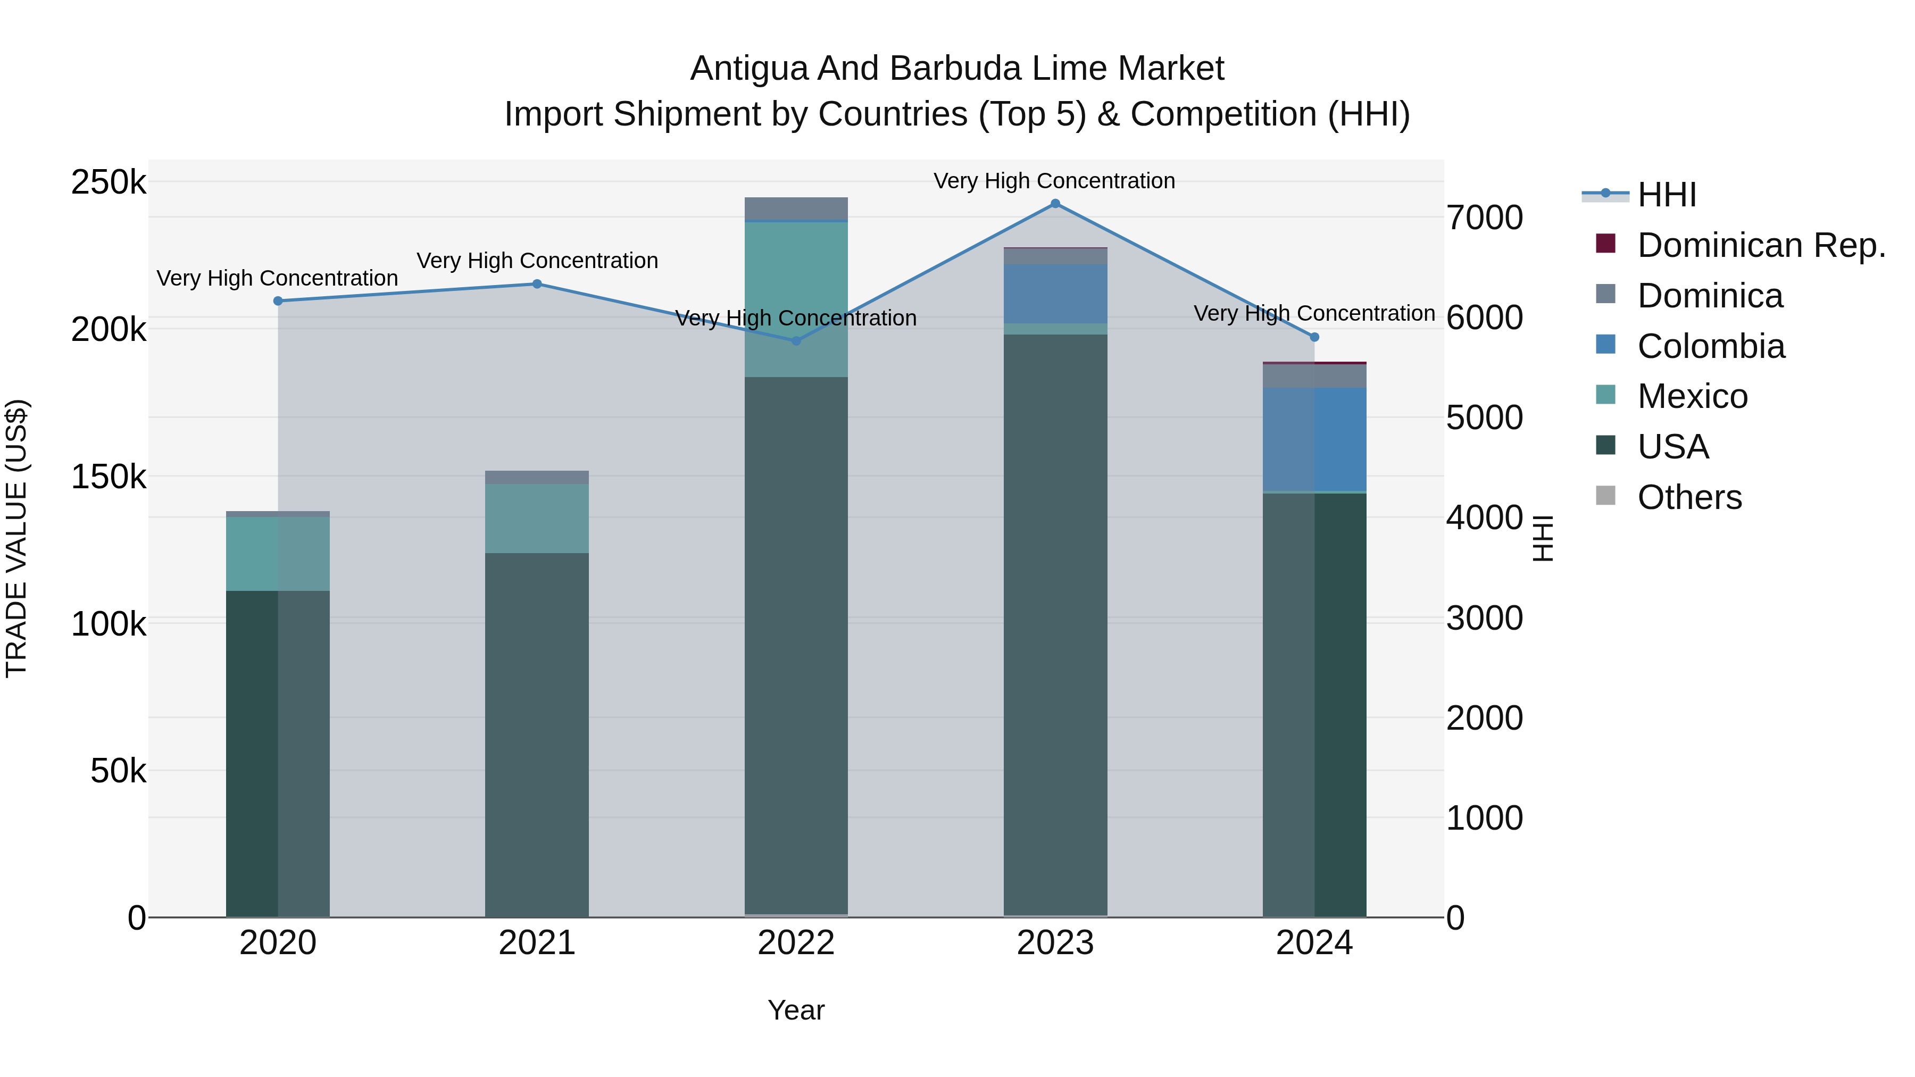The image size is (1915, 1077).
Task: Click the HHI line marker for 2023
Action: (1055, 204)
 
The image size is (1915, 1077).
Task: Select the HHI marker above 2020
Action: (278, 301)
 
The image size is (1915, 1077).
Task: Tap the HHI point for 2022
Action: (796, 341)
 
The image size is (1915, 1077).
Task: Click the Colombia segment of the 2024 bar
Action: (1314, 439)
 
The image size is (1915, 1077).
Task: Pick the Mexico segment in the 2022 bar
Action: (796, 299)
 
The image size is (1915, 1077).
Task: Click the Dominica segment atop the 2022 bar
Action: (796, 209)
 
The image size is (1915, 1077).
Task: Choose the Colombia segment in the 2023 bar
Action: (1055, 294)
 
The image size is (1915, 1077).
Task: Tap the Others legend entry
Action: (1689, 497)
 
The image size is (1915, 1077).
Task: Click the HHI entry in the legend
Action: (1666, 195)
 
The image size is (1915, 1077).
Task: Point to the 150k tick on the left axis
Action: (109, 477)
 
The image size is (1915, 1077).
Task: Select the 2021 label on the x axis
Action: (537, 943)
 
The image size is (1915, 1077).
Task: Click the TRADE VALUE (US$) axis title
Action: (17, 538)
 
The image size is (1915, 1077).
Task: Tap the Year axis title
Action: (796, 1010)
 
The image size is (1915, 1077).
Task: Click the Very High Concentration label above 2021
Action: (537, 261)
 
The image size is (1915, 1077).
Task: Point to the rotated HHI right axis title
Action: (1543, 538)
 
